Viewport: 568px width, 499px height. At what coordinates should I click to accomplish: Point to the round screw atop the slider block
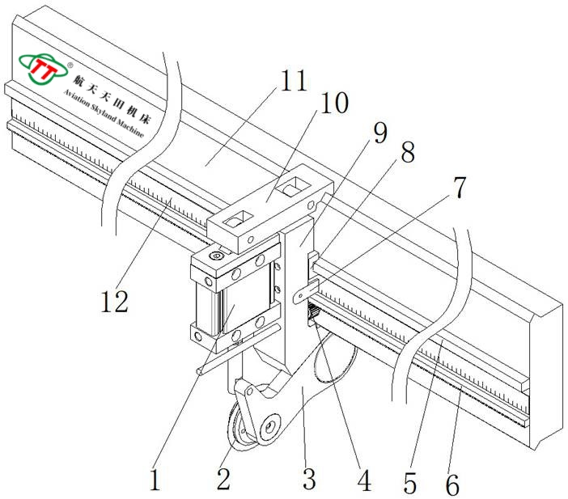tap(216, 256)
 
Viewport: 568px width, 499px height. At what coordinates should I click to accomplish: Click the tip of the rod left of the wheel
tap(200, 371)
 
